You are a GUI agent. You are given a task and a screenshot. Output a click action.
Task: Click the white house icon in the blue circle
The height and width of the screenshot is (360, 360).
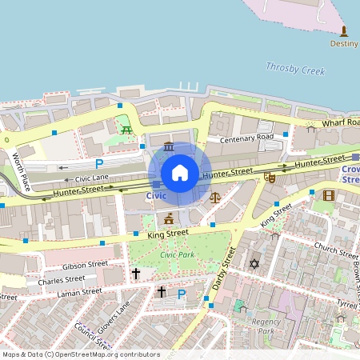(x=180, y=173)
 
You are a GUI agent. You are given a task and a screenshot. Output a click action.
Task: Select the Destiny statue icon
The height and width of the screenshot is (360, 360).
(x=345, y=31)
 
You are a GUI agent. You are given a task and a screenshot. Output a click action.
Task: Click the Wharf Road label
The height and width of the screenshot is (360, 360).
(x=340, y=123)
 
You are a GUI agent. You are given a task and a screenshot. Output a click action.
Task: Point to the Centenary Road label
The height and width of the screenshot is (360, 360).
(x=247, y=138)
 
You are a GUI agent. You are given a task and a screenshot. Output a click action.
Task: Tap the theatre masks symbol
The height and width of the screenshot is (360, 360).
(x=270, y=177)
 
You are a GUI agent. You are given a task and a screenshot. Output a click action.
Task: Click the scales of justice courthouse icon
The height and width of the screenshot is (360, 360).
(x=214, y=196)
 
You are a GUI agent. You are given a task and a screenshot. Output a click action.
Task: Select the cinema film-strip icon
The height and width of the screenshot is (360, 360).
(x=328, y=194)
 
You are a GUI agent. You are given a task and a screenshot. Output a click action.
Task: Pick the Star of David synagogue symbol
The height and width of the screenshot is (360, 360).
(x=255, y=263)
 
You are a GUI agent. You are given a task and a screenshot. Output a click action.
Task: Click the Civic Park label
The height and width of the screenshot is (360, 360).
(x=178, y=254)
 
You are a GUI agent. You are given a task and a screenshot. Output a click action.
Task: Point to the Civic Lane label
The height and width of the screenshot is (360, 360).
(x=92, y=178)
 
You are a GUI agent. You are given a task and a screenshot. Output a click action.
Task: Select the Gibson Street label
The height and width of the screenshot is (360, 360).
(x=85, y=264)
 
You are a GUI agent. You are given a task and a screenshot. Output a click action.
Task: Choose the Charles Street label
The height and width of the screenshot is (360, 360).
(x=61, y=279)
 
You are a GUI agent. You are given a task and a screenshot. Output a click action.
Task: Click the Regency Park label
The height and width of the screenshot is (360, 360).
(x=265, y=326)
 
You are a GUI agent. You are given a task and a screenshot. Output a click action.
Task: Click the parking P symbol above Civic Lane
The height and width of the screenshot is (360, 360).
(x=99, y=163)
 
